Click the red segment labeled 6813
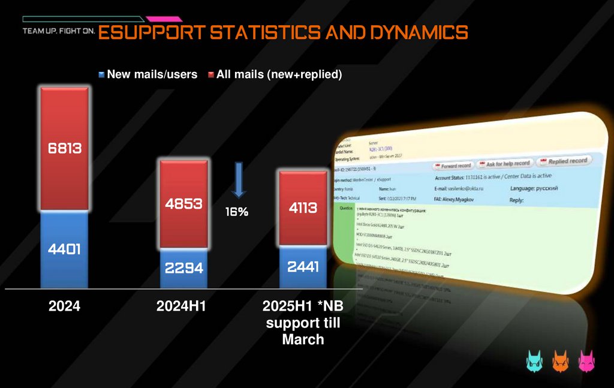click(x=64, y=148)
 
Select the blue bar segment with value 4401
click(x=64, y=248)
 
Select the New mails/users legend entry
click(x=148, y=74)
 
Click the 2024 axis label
click(x=64, y=306)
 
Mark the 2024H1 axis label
click(x=181, y=306)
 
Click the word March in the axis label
click(x=303, y=340)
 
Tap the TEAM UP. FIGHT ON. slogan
click(x=58, y=31)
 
